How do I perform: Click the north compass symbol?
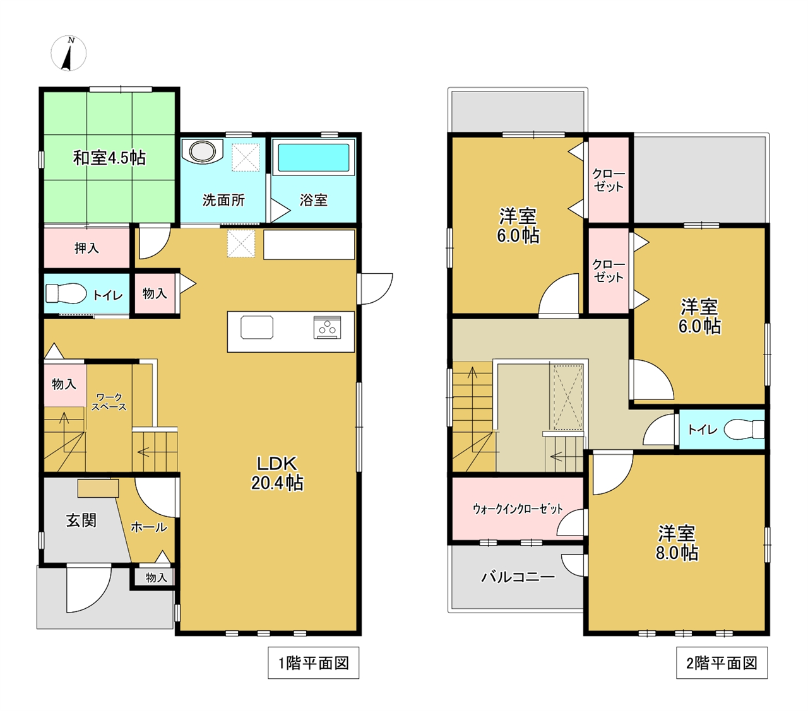(69, 53)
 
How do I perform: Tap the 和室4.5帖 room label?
(109, 158)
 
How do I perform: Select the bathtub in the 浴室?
(314, 158)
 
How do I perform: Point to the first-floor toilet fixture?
(66, 294)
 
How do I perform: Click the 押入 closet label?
(86, 249)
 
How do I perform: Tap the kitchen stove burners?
(327, 327)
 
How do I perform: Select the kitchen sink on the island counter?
(257, 327)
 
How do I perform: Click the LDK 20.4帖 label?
(277, 473)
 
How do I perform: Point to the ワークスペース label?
(109, 402)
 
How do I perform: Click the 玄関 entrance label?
(81, 520)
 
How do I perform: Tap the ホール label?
(149, 527)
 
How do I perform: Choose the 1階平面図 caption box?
(314, 663)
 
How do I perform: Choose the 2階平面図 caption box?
(722, 663)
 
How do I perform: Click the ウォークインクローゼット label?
(518, 509)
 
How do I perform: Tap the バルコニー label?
(518, 577)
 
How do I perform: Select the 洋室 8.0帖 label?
(677, 543)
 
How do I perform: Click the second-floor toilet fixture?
(744, 430)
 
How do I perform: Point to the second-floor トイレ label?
(703, 429)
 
